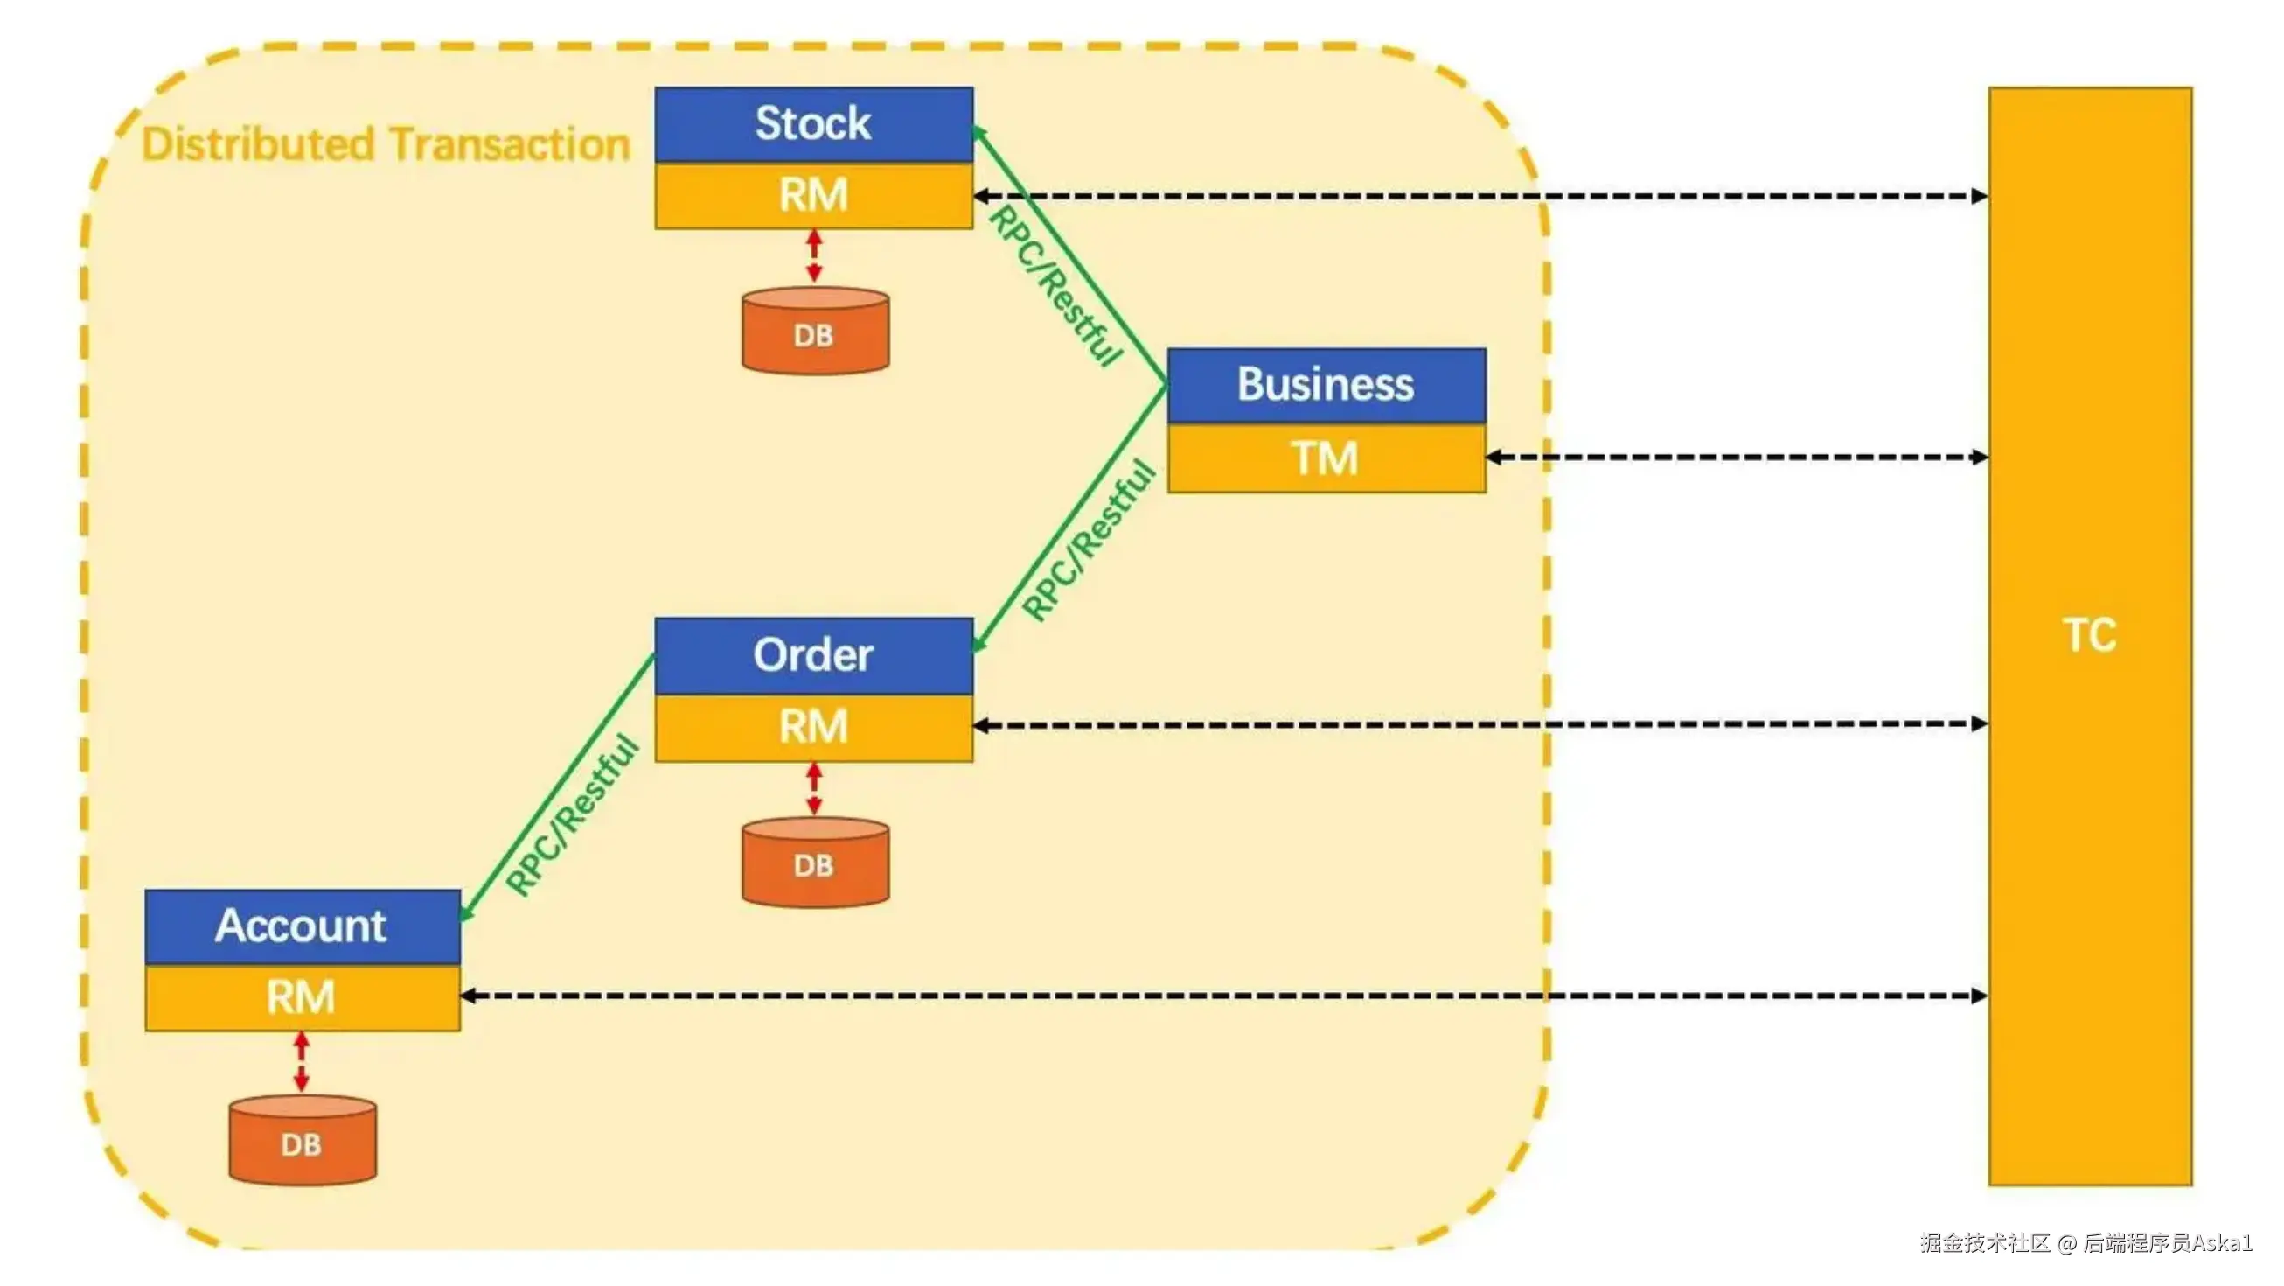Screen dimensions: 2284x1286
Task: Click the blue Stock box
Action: tap(814, 124)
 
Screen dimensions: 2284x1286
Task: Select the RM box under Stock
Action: tap(814, 195)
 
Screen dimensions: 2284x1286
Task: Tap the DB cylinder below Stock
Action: tap(815, 330)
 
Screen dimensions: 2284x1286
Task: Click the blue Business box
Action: tap(1327, 386)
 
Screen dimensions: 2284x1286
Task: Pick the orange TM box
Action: tap(1327, 458)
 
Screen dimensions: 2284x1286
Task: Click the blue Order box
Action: tap(814, 656)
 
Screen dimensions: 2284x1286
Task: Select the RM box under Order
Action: tap(814, 727)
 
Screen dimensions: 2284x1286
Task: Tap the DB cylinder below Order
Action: tap(815, 862)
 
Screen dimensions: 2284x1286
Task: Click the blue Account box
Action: tap(303, 926)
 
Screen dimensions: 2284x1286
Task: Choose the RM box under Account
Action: tap(303, 998)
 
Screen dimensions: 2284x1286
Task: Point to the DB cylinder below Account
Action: tap(303, 1140)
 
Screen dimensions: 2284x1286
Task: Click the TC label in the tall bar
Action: tap(2090, 635)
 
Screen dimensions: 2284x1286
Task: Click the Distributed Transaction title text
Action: tap(386, 143)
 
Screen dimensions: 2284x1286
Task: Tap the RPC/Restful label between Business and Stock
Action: tap(1055, 285)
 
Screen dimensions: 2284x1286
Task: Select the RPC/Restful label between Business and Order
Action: tap(1089, 539)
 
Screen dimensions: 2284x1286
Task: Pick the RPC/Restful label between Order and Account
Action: tap(572, 814)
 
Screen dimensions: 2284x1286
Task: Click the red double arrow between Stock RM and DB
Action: tap(814, 257)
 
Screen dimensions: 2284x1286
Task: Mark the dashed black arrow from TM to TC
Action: tap(1737, 458)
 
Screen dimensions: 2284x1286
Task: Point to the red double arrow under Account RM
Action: tap(302, 1062)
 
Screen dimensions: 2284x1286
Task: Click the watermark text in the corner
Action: tap(2086, 1242)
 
